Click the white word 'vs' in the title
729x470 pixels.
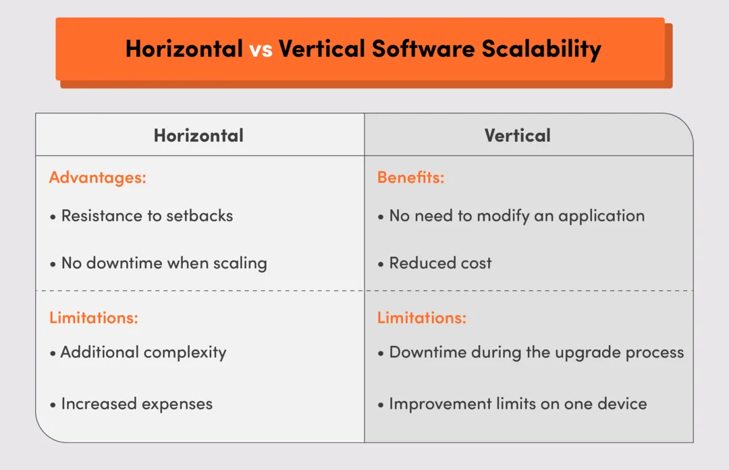[261, 49]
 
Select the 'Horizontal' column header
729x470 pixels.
[198, 135]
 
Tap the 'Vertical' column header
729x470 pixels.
[517, 135]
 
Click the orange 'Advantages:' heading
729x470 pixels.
[98, 178]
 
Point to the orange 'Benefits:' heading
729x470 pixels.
[410, 178]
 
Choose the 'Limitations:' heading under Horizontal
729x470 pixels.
[94, 317]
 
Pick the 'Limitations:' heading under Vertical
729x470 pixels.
[422, 317]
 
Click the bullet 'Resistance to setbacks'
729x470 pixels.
[146, 216]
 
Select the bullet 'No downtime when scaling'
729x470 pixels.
[164, 263]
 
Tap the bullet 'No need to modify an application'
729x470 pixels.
[516, 216]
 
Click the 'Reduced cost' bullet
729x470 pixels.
[440, 263]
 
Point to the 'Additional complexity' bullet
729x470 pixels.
[143, 352]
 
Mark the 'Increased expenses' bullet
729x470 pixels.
[136, 404]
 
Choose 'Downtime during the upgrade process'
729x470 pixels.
[536, 352]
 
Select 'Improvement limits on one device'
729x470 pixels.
[518, 404]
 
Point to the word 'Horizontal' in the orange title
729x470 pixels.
[184, 49]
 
